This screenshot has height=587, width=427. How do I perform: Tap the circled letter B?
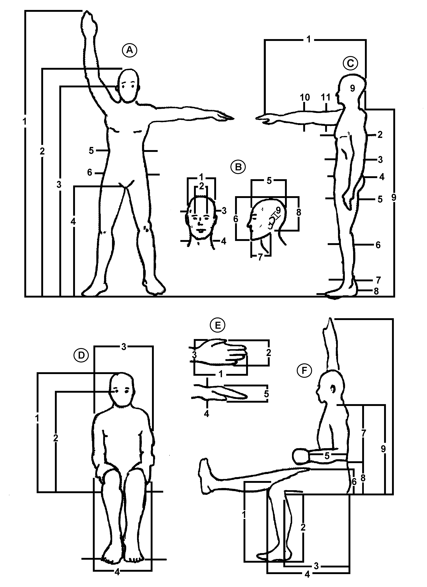pyautogui.click(x=238, y=167)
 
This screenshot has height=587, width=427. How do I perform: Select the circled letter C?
pyautogui.click(x=350, y=63)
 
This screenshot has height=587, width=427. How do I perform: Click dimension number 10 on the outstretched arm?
pyautogui.click(x=305, y=98)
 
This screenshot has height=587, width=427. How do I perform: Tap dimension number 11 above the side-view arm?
pyautogui.click(x=326, y=98)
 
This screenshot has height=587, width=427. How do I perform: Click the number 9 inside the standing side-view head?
pyautogui.click(x=353, y=88)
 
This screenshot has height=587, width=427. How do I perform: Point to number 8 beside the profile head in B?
pyautogui.click(x=299, y=212)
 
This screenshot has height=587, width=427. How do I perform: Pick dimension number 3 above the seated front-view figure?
pyautogui.click(x=124, y=347)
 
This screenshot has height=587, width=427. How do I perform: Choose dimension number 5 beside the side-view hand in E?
pyautogui.click(x=266, y=394)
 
